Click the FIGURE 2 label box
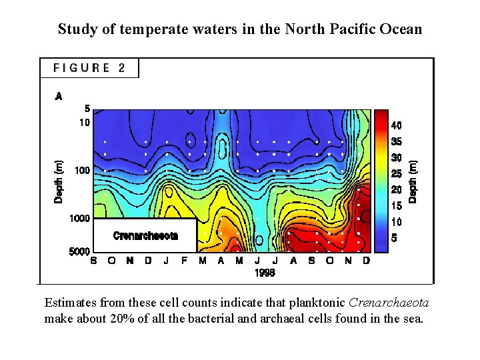(89, 68)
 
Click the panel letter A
(59, 97)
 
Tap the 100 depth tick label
(82, 171)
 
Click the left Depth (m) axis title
(59, 182)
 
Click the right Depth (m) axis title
(413, 181)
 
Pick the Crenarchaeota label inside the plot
(145, 235)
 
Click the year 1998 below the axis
(265, 273)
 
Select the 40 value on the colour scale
(396, 125)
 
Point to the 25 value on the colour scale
(396, 174)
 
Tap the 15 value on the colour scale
(396, 206)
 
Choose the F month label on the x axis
(184, 261)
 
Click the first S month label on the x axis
(93, 261)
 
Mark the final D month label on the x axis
(366, 261)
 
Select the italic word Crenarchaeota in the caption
(389, 303)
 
